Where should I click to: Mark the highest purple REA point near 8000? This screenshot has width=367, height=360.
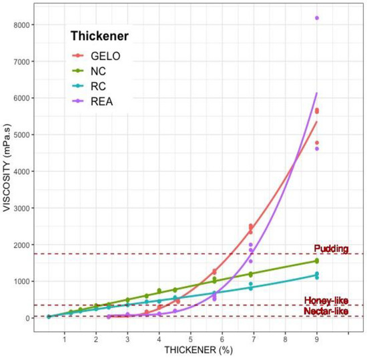click(x=316, y=18)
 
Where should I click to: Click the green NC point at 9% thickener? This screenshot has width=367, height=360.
click(x=316, y=261)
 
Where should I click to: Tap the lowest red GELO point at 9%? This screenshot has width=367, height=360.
click(x=316, y=143)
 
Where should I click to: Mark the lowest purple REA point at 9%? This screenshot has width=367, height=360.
click(x=316, y=149)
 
